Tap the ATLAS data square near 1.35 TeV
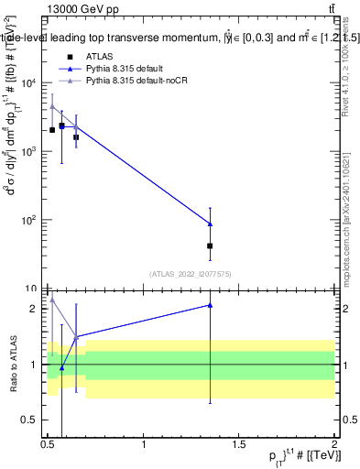pyautogui.click(x=211, y=245)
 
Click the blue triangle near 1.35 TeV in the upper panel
pyautogui.click(x=211, y=224)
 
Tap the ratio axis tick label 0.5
pyautogui.click(x=30, y=420)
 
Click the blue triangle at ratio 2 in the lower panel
pyautogui.click(x=211, y=305)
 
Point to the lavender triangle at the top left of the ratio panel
pyautogui.click(x=52, y=299)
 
